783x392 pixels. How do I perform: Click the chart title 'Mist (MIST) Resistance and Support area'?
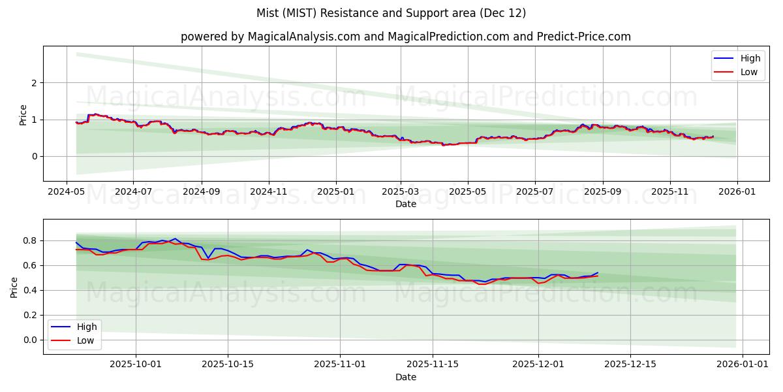click(391, 13)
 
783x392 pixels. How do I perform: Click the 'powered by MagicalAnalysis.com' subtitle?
click(405, 37)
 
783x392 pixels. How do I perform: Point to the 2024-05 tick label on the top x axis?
click(66, 193)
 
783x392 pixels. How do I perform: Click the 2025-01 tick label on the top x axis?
click(336, 193)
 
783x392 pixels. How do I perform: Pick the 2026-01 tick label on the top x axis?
click(737, 193)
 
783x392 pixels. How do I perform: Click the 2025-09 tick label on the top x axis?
click(602, 193)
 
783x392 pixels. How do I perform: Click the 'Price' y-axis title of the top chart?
click(23, 114)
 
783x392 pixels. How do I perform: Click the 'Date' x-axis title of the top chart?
click(405, 204)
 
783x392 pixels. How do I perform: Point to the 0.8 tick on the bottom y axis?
click(30, 240)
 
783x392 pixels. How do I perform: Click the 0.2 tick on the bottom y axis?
click(30, 315)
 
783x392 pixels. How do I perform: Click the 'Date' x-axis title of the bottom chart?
click(405, 377)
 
